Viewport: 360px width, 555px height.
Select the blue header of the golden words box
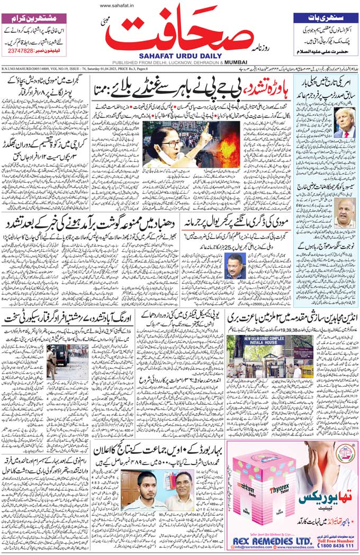tap(325, 18)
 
